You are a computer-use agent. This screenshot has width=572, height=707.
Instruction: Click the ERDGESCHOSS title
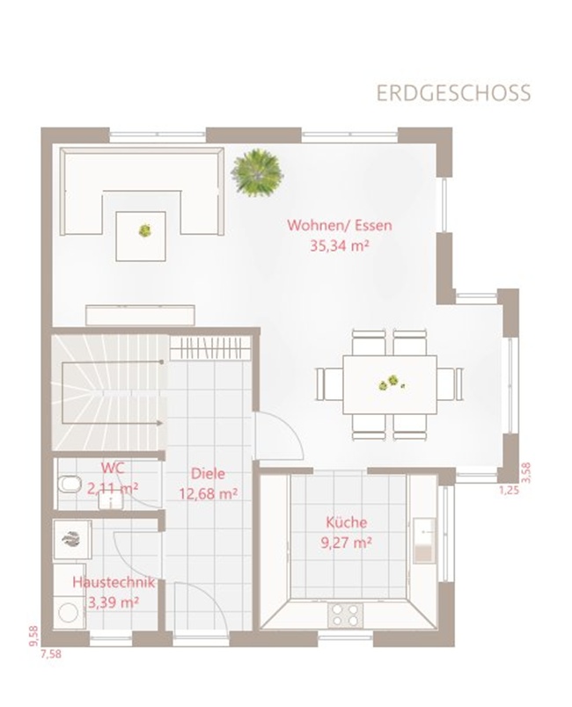[453, 93]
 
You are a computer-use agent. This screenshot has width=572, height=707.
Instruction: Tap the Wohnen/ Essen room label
[340, 225]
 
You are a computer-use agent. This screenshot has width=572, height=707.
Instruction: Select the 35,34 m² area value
[340, 245]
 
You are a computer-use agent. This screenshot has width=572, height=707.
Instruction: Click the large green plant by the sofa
[257, 172]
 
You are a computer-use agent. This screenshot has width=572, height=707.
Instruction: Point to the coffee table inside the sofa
[141, 237]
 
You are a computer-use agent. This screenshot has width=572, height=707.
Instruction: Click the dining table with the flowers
[390, 384]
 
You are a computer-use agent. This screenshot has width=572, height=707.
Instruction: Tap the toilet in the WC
[69, 485]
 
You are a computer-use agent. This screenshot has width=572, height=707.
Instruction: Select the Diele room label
[208, 473]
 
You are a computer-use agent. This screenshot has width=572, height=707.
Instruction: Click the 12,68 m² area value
[208, 493]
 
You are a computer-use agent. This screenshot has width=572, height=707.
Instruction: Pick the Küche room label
[347, 522]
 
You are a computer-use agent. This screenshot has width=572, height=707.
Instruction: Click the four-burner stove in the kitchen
[345, 615]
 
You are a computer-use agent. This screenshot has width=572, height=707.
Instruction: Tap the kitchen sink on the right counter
[424, 541]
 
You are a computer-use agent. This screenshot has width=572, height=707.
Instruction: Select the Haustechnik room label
[114, 582]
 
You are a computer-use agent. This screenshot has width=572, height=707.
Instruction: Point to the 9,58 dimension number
[33, 636]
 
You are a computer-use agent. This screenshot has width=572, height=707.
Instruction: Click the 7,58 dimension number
[50, 653]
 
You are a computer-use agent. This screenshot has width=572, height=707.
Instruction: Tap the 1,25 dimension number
[510, 490]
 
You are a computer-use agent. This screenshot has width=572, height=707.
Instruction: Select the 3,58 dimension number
[526, 473]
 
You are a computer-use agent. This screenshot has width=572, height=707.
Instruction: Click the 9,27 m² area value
[347, 543]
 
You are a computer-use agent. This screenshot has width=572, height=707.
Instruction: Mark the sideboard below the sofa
[140, 315]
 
